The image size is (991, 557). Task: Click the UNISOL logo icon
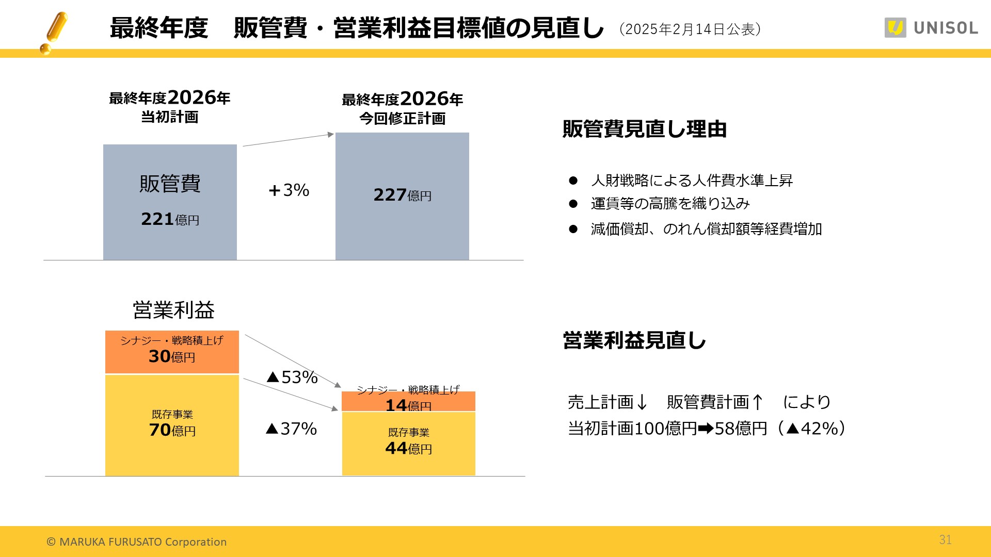pyautogui.click(x=895, y=28)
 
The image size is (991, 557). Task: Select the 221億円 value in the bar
pyautogui.click(x=170, y=219)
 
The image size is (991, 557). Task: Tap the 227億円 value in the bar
pyautogui.click(x=402, y=195)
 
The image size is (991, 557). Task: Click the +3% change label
pyautogui.click(x=289, y=190)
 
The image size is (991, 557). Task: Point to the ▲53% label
pyautogui.click(x=292, y=377)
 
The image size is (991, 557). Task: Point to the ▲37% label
pyautogui.click(x=291, y=429)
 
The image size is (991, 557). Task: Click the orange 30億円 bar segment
pyautogui.click(x=172, y=352)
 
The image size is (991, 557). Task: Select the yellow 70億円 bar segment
pyautogui.click(x=172, y=425)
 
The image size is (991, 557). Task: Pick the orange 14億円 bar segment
pyautogui.click(x=408, y=402)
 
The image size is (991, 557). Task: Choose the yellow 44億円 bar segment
pyautogui.click(x=408, y=444)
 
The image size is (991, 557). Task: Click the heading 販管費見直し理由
pyautogui.click(x=644, y=129)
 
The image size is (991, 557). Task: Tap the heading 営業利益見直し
pyautogui.click(x=634, y=340)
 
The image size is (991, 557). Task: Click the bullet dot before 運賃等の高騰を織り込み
pyautogui.click(x=573, y=204)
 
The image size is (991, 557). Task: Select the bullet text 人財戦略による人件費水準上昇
pyautogui.click(x=692, y=181)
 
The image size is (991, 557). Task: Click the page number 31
pyautogui.click(x=945, y=539)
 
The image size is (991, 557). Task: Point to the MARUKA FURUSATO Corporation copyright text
pyautogui.click(x=137, y=542)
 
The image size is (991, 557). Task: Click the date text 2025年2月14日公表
pyautogui.click(x=690, y=29)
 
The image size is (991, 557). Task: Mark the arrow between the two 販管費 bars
pyautogui.click(x=288, y=140)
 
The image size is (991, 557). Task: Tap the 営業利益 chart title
pyautogui.click(x=173, y=310)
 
